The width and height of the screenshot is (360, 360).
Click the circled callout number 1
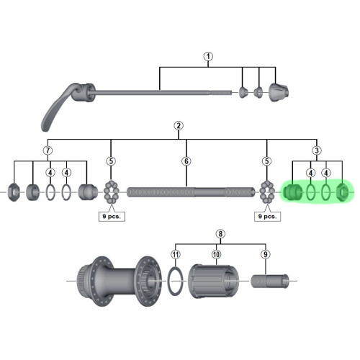[208, 56]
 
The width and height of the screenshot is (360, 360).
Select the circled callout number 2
[178, 126]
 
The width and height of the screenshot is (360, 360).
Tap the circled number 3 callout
[316, 150]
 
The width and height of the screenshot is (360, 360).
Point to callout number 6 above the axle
[186, 161]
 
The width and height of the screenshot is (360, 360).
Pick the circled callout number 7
[48, 150]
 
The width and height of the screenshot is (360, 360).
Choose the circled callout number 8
[220, 234]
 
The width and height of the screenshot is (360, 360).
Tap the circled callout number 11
[174, 254]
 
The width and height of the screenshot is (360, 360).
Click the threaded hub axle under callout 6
[191, 192]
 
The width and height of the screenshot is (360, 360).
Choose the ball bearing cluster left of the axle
[111, 192]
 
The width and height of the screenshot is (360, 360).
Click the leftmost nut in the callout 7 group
[15, 193]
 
